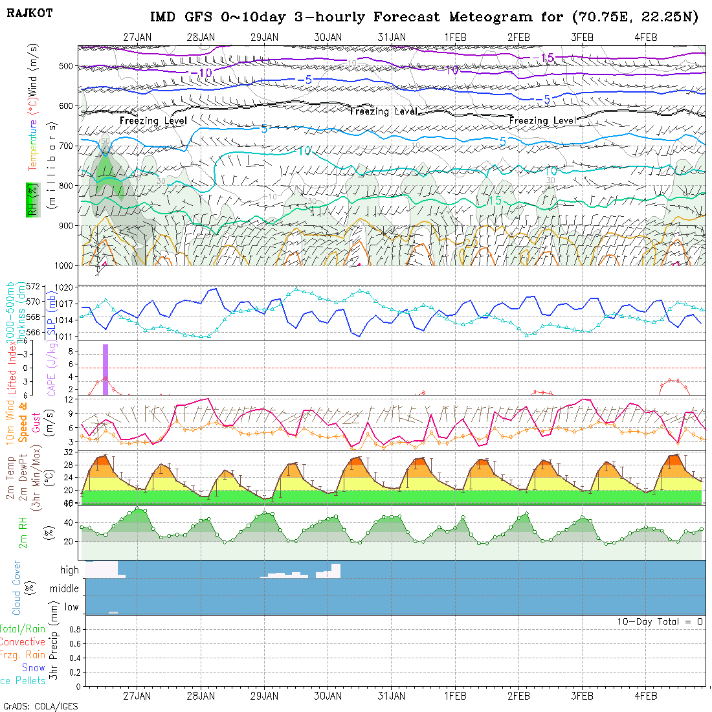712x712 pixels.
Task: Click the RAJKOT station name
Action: pyautogui.click(x=29, y=12)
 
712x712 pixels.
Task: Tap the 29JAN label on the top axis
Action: pyautogui.click(x=264, y=38)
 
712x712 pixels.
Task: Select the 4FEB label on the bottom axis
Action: pyautogui.click(x=646, y=696)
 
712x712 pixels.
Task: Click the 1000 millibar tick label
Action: pyautogui.click(x=63, y=265)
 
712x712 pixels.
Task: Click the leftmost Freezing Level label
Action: pyautogui.click(x=153, y=120)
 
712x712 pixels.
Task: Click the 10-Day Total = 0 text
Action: pyautogui.click(x=660, y=621)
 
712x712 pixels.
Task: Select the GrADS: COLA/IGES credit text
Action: pyautogui.click(x=40, y=706)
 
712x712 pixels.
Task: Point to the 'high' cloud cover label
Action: pyautogui.click(x=69, y=570)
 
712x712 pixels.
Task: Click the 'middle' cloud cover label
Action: pyautogui.click(x=65, y=589)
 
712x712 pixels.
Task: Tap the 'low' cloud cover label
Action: pyautogui.click(x=71, y=607)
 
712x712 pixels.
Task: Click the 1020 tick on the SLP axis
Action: pyautogui.click(x=68, y=287)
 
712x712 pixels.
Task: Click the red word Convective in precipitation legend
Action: pyautogui.click(x=22, y=642)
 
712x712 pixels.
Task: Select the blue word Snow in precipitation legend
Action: pyautogui.click(x=34, y=667)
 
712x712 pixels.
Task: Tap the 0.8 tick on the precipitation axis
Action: pyautogui.click(x=74, y=629)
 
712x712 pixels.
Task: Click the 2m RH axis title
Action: pyautogui.click(x=23, y=532)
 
